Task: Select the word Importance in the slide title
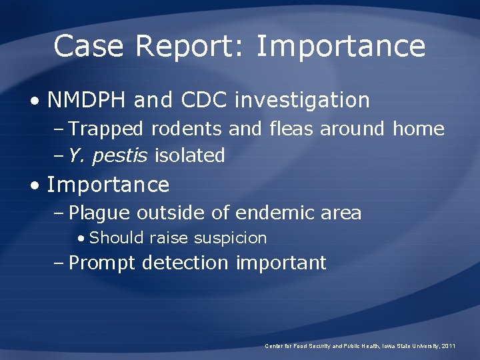pos(340,47)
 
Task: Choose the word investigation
pos(302,100)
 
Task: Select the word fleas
pos(291,129)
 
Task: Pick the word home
pos(418,129)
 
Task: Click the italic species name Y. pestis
pos(109,156)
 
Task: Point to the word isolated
pos(189,155)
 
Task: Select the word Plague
pos(99,213)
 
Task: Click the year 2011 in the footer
pos(449,346)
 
